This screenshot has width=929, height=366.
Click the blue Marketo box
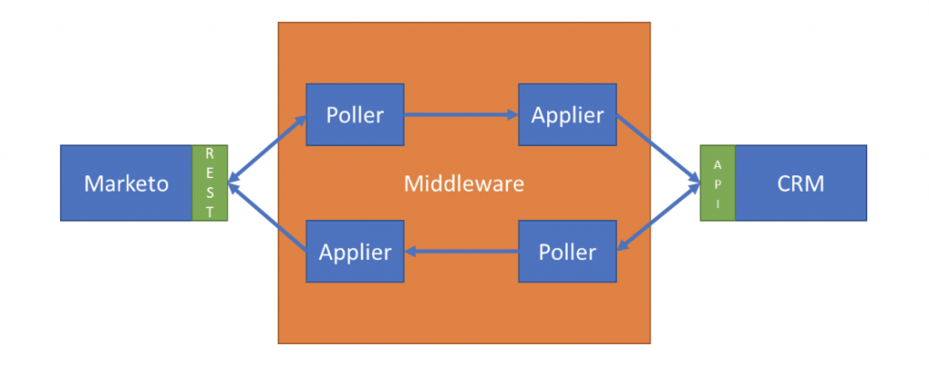tap(126, 183)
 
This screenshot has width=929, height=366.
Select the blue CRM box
tap(800, 183)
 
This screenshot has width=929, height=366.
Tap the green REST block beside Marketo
tap(210, 183)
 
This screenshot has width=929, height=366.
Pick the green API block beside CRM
tap(718, 183)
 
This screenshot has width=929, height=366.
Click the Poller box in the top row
tap(355, 114)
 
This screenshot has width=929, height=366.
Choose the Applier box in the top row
tap(568, 114)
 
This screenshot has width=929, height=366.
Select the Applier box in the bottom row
tap(355, 252)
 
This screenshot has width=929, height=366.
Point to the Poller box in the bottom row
tap(568, 252)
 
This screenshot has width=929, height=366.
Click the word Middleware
tap(464, 183)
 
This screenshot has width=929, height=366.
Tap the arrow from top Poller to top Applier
tap(461, 115)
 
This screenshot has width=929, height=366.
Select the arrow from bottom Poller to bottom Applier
tap(461, 252)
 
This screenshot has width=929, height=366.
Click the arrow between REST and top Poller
tap(267, 149)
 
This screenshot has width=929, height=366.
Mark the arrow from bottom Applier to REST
tap(267, 218)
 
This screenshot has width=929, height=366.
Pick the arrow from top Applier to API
tap(659, 148)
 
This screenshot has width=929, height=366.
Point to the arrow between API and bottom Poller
tap(659, 217)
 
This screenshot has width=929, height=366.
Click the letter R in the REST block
tap(210, 154)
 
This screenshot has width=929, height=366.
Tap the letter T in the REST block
tap(210, 212)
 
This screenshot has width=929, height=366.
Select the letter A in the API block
tap(718, 165)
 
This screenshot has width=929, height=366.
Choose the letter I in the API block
tap(718, 203)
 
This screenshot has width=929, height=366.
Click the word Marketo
tap(126, 183)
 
